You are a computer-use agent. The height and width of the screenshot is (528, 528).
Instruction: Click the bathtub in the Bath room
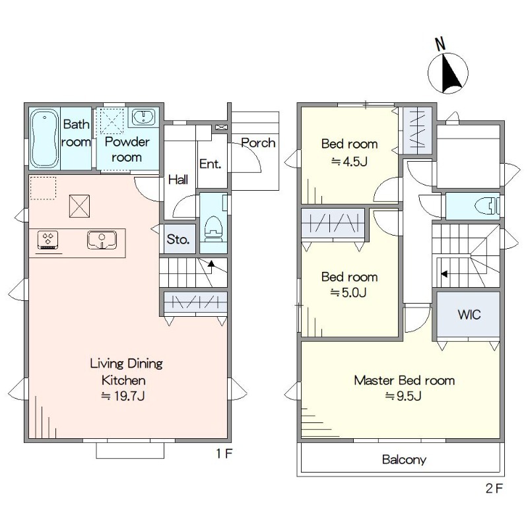(x=44, y=139)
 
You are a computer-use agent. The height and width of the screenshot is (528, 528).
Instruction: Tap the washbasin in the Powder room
(x=143, y=117)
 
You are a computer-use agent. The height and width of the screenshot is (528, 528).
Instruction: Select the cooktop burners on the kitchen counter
(x=48, y=239)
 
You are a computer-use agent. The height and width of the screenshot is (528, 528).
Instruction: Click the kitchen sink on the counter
(x=102, y=240)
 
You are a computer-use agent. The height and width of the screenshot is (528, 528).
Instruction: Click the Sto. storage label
(x=178, y=240)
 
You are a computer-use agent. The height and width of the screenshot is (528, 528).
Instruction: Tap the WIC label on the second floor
(x=469, y=315)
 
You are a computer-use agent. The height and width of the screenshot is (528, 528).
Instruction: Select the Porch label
(x=258, y=143)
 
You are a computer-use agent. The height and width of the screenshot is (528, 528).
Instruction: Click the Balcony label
(x=404, y=459)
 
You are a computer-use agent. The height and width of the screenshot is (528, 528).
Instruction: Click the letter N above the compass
(x=440, y=44)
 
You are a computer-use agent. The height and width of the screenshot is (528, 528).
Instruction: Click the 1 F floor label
(x=224, y=453)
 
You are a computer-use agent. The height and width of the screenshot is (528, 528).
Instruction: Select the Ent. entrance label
(x=210, y=164)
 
